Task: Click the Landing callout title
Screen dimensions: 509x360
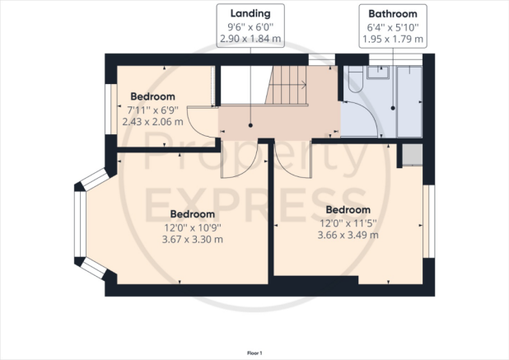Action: tap(250, 14)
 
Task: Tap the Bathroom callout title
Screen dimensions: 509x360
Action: tap(393, 14)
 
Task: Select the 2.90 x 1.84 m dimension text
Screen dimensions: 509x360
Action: tap(250, 39)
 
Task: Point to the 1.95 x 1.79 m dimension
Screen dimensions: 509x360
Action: tap(393, 40)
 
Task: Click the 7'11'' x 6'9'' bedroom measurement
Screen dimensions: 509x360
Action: tap(152, 110)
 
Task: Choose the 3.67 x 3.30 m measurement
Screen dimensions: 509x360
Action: tap(193, 240)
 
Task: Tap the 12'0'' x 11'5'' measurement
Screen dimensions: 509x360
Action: tap(348, 223)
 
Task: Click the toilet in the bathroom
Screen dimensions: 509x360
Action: tap(355, 80)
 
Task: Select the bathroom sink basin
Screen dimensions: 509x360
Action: tap(378, 72)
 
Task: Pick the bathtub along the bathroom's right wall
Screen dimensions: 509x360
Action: tap(409, 102)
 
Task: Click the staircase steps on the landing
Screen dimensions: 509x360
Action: tap(287, 85)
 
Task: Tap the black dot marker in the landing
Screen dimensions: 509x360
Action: tap(250, 125)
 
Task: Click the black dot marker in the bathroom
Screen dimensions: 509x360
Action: tap(393, 108)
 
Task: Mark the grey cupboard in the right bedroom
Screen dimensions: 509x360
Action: tap(413, 155)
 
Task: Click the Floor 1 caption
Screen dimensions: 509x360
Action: tap(254, 353)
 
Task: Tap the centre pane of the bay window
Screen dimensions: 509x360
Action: tap(80, 224)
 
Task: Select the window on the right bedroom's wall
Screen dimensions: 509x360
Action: tap(429, 222)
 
